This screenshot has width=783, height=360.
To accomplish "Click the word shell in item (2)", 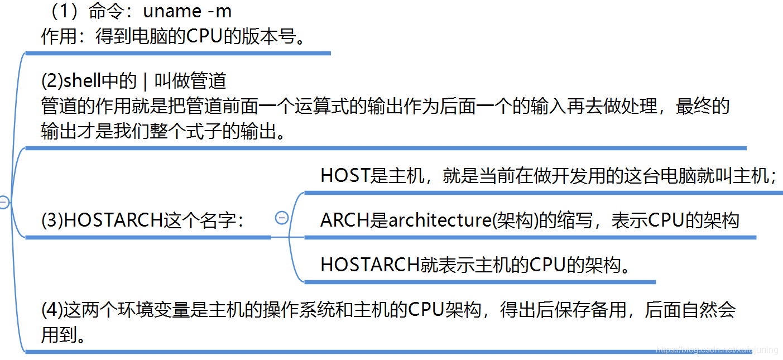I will point(83,81).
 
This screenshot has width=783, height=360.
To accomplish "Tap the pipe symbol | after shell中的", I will point(145,81).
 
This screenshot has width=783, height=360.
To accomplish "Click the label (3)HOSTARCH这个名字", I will point(142,220).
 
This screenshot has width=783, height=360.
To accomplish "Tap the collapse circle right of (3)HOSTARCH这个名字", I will point(282,218).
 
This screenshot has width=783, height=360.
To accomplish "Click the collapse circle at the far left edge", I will point(3,203).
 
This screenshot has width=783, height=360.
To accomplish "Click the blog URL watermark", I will point(717,350).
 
